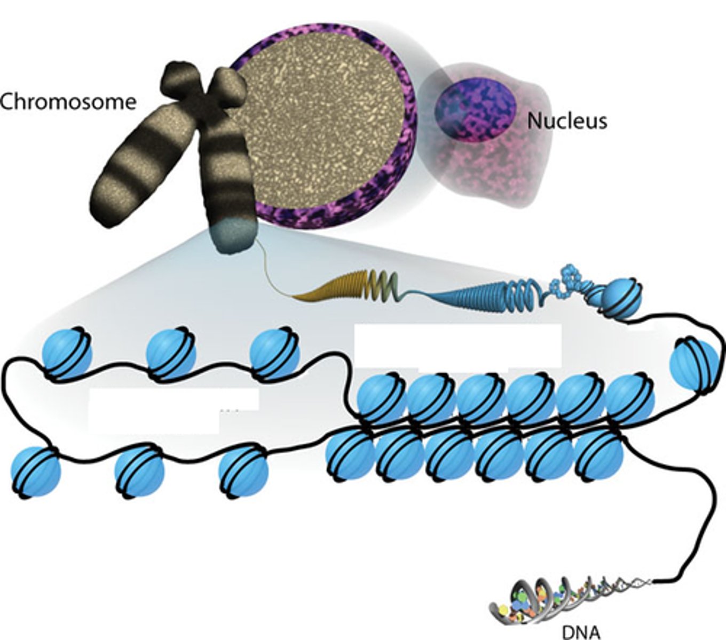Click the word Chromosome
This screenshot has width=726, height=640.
[x=68, y=101]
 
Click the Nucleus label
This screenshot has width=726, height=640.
[x=567, y=122]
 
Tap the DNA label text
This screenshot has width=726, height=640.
[x=581, y=632]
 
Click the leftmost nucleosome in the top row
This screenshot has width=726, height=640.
[x=67, y=355]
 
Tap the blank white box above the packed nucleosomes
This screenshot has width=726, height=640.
[x=458, y=346]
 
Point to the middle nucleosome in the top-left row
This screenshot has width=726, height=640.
[x=171, y=355]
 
